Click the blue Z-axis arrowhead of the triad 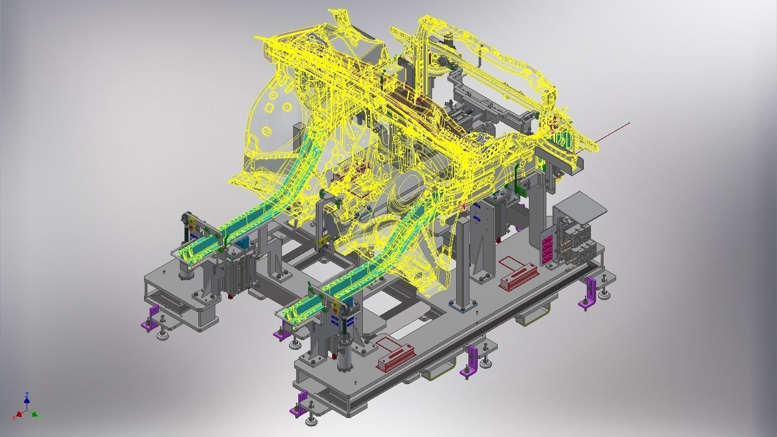tap(27, 395)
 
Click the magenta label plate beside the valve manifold tap(546, 247)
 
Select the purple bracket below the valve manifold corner tap(590, 293)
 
